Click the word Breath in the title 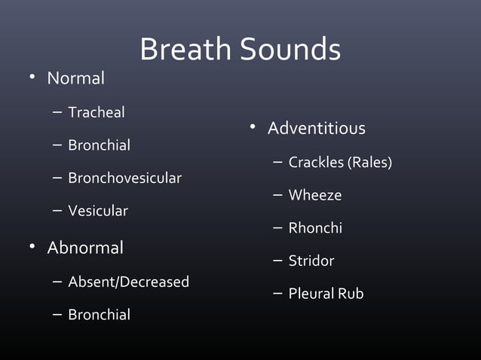tap(186, 50)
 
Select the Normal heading tap(75, 78)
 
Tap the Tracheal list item tap(97, 112)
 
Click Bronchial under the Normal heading tap(99, 145)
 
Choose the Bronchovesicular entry tap(124, 178)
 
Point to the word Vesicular tap(98, 211)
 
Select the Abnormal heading tap(85, 248)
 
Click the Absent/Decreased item tap(128, 282)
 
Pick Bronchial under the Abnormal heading tap(99, 315)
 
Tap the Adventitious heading tap(316, 129)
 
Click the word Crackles tap(316, 163)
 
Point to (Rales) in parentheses tap(369, 163)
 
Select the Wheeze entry tap(315, 195)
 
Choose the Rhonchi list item tap(315, 227)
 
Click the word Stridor tap(311, 261)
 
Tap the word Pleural tap(311, 294)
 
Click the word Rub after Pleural tap(351, 294)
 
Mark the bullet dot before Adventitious tap(254, 128)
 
